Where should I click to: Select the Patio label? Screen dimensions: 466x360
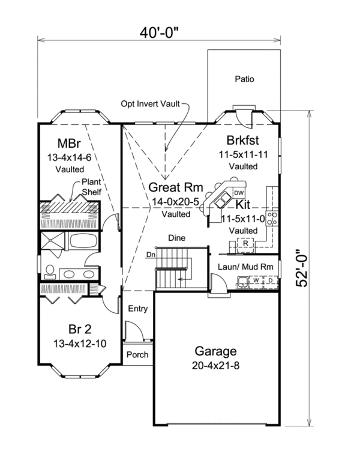244,79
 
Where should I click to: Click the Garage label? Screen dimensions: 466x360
216,351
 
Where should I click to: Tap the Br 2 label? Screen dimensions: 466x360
80,329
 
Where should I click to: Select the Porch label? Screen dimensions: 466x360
137,355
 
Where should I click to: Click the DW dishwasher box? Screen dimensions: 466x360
238,193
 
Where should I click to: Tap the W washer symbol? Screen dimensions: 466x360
256,280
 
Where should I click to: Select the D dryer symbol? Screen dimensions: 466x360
271,280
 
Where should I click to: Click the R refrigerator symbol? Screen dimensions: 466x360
245,243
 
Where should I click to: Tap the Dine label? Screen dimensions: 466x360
176,237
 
